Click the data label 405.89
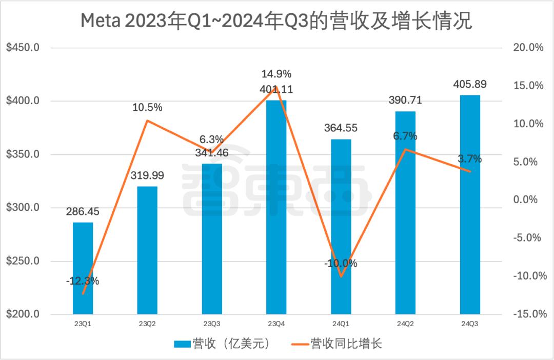pyautogui.click(x=469, y=85)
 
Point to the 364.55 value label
pyautogui.click(x=341, y=128)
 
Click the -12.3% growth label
pyautogui.click(x=83, y=281)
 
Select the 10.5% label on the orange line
pyautogui.click(x=147, y=108)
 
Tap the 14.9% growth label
pyautogui.click(x=276, y=74)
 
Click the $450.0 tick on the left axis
pyautogui.click(x=23, y=48)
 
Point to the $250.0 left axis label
pyautogui.click(x=23, y=261)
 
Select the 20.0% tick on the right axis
pyautogui.click(x=528, y=48)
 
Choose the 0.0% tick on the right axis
pyautogui.click(x=528, y=199)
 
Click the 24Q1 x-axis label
pyautogui.click(x=341, y=324)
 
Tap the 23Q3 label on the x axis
pyautogui.click(x=212, y=324)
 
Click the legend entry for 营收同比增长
pyautogui.click(x=346, y=344)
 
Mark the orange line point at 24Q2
pyautogui.click(x=405, y=149)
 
